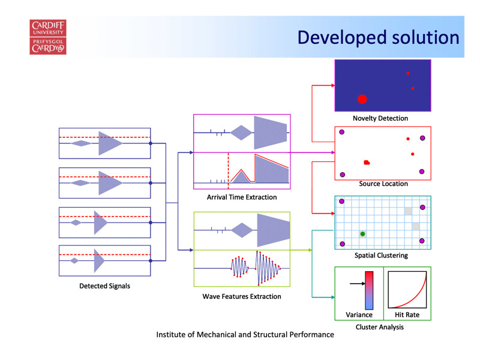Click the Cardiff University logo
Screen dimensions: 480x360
click(x=48, y=37)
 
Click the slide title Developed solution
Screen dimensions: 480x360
click(x=379, y=38)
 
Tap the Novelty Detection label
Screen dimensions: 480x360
click(x=380, y=118)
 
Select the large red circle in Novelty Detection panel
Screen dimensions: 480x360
click(x=362, y=99)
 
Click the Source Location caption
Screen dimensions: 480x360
click(x=383, y=184)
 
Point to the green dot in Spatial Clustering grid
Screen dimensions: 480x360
click(x=363, y=234)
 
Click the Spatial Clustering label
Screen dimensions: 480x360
click(x=381, y=256)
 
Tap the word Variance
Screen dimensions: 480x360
click(x=359, y=314)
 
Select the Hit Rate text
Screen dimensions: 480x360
click(x=407, y=314)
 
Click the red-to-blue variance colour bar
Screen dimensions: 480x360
click(x=369, y=290)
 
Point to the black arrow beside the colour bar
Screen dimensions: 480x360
click(x=357, y=283)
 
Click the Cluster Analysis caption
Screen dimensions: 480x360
click(x=380, y=327)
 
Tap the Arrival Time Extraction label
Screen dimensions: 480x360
click(x=242, y=197)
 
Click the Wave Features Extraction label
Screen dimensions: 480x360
click(x=242, y=296)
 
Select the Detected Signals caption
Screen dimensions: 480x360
click(x=104, y=286)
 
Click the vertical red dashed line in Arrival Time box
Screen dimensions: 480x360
click(x=229, y=168)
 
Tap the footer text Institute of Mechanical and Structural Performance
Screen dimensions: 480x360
click(x=245, y=335)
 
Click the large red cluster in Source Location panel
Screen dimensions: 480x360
click(x=367, y=163)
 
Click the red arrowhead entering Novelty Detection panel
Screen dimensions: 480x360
click(x=333, y=85)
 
